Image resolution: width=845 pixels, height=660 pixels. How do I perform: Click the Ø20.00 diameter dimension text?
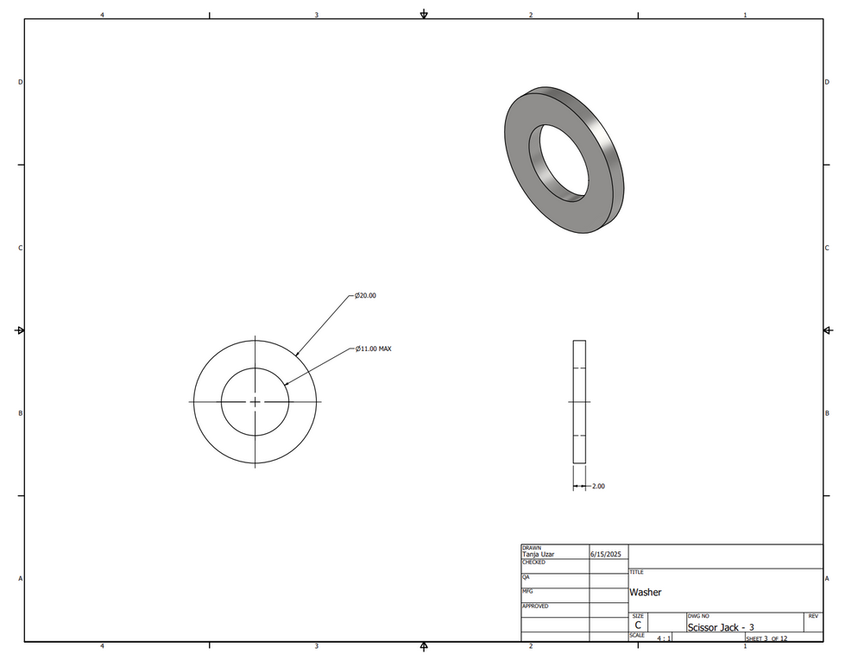tap(365, 295)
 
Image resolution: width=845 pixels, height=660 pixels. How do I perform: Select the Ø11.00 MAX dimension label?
tap(374, 349)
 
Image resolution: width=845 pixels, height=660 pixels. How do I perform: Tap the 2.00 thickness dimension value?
tap(598, 486)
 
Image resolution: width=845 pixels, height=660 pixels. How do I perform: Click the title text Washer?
tap(645, 592)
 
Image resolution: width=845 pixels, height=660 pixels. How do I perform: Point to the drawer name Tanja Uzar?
tap(538, 554)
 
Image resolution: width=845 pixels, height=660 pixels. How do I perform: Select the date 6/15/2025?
tap(606, 554)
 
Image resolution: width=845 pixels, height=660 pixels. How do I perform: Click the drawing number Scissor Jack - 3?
tap(721, 627)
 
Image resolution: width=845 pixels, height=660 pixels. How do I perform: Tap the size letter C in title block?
tap(638, 625)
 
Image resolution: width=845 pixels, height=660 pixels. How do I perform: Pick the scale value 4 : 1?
tap(664, 638)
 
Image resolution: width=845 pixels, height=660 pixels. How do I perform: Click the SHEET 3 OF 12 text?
tap(766, 638)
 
